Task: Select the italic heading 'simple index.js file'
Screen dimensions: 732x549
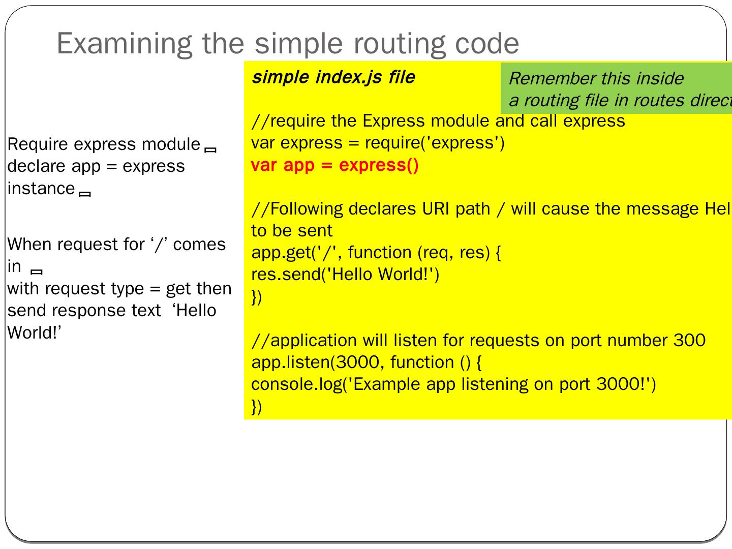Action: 333,77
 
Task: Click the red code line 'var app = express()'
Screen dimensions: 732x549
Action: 335,165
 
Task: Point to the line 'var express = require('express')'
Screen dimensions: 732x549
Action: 378,143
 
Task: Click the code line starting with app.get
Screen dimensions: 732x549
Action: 376,253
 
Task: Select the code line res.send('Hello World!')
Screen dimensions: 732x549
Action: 345,274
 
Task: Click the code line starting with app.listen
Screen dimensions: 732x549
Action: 367,362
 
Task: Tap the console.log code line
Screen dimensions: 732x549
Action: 453,384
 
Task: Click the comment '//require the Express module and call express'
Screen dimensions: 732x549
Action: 438,121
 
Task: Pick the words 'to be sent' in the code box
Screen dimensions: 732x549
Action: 292,231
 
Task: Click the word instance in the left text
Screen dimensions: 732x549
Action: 41,189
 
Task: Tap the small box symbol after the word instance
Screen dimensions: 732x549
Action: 85,194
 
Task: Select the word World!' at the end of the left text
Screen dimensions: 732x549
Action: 34,333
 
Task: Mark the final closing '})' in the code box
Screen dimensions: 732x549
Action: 257,406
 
